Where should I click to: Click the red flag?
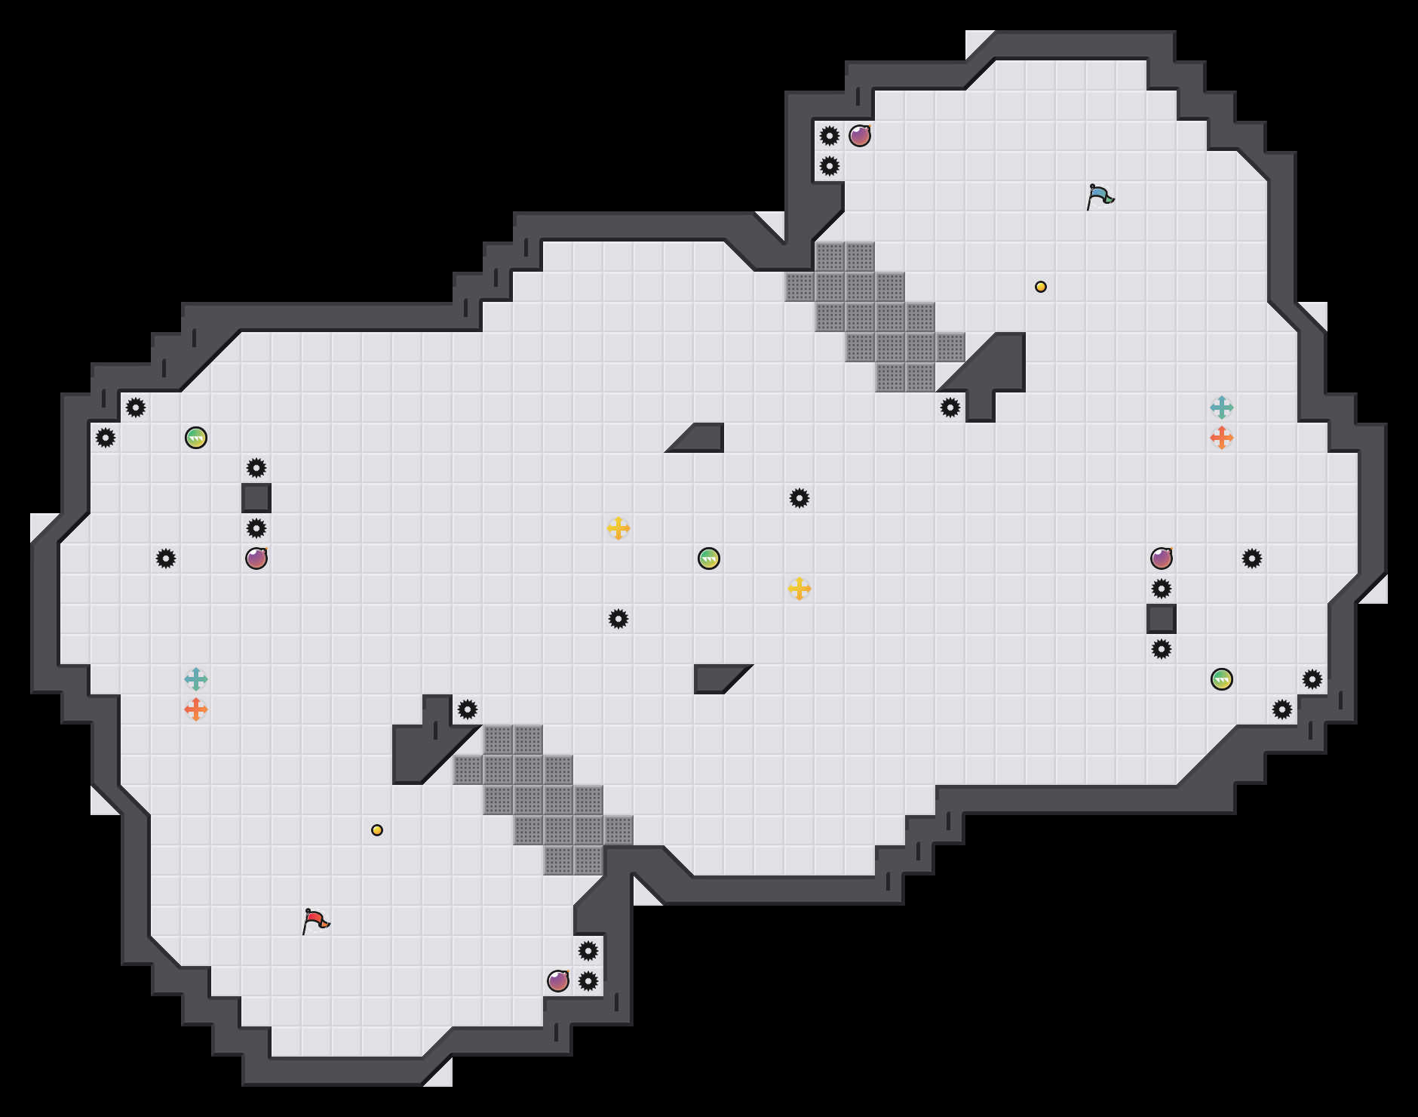315,921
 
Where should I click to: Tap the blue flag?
1100,196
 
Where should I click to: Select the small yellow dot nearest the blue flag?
1041,287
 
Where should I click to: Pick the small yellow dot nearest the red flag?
377,830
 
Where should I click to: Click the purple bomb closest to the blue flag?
860,136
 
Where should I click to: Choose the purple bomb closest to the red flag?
558,981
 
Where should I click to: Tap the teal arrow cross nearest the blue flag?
1222,408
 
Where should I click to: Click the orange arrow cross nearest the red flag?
196,709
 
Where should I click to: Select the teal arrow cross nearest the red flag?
196,679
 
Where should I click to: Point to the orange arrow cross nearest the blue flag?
1222,438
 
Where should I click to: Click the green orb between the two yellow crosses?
709,558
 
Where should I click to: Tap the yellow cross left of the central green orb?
618,528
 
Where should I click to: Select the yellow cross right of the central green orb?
800,589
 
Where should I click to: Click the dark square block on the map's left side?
256,498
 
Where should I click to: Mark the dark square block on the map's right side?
1162,619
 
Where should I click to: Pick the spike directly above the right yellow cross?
800,498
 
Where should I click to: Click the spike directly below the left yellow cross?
618,619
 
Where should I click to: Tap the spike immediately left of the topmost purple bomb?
830,136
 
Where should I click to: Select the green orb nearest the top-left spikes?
196,438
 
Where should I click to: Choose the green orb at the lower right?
1222,679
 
